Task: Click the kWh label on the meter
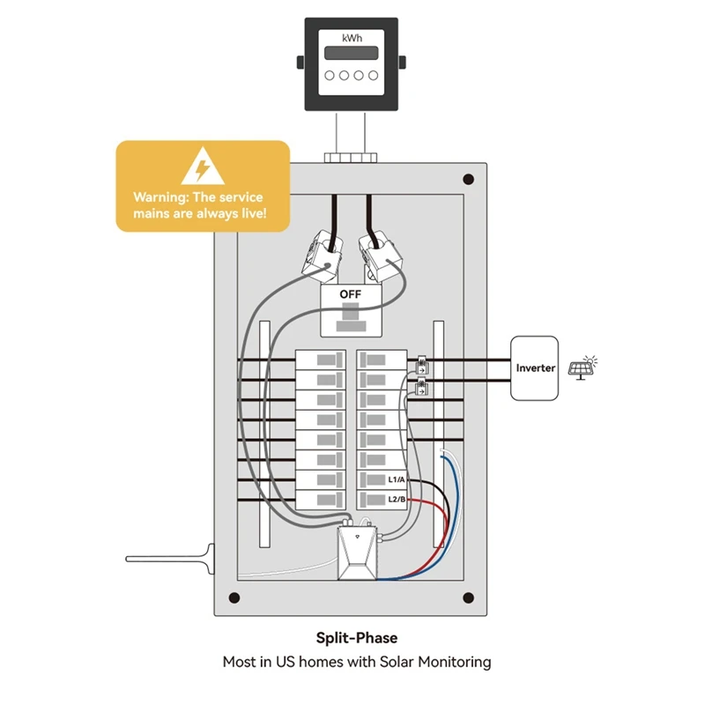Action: pyautogui.click(x=352, y=38)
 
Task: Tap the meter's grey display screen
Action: pyautogui.click(x=352, y=54)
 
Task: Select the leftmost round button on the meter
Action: pyautogui.click(x=329, y=76)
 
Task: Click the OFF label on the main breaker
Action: pyautogui.click(x=351, y=296)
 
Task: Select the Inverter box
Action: pyautogui.click(x=536, y=367)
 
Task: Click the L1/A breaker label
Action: pyautogui.click(x=396, y=480)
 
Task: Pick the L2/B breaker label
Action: pyautogui.click(x=396, y=500)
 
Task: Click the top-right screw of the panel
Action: pyautogui.click(x=468, y=179)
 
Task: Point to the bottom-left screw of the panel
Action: pyautogui.click(x=234, y=598)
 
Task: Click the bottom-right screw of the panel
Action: pyautogui.click(x=468, y=598)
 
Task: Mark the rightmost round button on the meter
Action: pyautogui.click(x=373, y=76)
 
